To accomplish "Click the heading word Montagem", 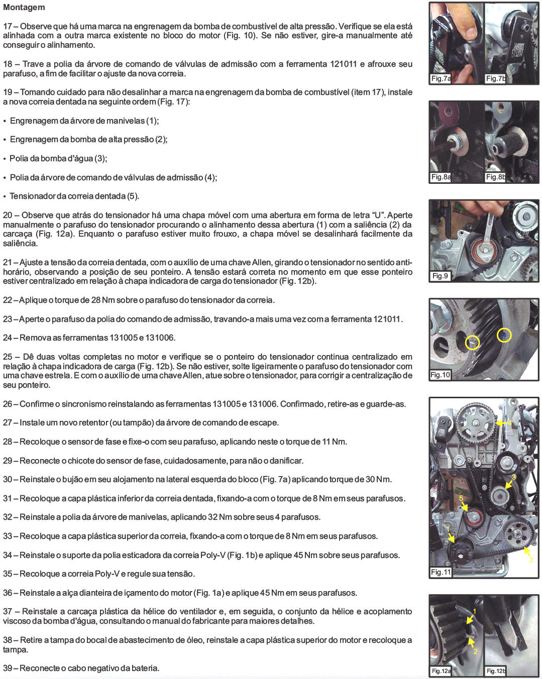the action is pos(24,7).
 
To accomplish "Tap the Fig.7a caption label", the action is pos(441,78).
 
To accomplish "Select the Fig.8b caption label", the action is pos(496,177).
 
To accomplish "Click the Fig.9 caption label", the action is pos(440,276).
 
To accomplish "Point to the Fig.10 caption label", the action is pos(440,375).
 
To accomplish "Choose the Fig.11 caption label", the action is pos(441,572).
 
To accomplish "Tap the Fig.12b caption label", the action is pos(496,670).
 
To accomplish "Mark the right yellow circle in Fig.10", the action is pos(504,335).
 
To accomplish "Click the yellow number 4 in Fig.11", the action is pos(509,423).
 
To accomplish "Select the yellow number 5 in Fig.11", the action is pos(461,498).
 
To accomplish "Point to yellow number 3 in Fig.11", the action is pos(513,477).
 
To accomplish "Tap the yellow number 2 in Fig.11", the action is pos(531,560).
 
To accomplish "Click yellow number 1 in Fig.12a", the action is pos(474,612).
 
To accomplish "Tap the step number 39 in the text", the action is pos(8,668).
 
